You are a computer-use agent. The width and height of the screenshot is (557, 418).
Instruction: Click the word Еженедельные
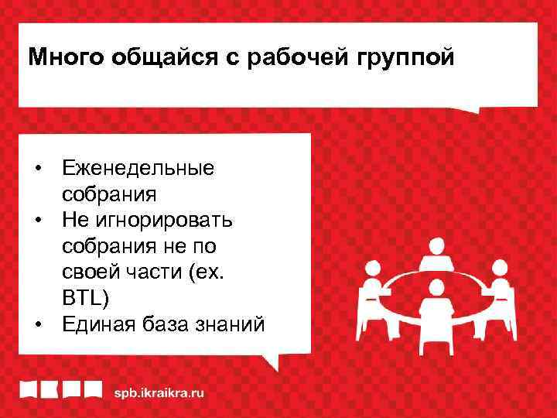click(x=139, y=168)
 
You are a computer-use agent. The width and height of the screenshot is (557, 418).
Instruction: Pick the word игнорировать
click(x=165, y=221)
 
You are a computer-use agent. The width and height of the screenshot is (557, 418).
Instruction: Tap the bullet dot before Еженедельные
click(x=37, y=168)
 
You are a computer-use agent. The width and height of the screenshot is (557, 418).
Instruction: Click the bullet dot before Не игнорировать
click(x=37, y=221)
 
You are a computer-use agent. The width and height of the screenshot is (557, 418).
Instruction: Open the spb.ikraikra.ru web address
click(x=160, y=393)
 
